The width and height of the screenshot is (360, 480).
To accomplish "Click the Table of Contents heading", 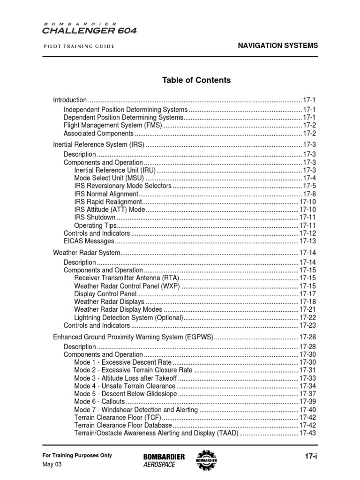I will click(196, 80).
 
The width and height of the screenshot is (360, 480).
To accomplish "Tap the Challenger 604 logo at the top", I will click(90, 29).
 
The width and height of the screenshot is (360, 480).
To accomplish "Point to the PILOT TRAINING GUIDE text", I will click(79, 46).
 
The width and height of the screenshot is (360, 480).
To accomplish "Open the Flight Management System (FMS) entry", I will click(112, 125).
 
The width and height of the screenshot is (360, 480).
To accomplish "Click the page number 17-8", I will click(309, 194).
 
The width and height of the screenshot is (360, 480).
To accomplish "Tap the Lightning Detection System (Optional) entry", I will click(128, 317).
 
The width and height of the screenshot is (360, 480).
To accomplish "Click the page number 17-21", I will click(307, 309).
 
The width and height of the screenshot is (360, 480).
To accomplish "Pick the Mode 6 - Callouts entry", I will click(99, 402).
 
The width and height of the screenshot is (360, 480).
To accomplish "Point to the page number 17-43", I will click(307, 433).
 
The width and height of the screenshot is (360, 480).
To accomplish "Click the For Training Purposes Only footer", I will click(77, 455).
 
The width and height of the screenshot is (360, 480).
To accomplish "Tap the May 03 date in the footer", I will click(52, 465).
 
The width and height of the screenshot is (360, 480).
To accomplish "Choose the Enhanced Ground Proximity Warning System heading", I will click(133, 337).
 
